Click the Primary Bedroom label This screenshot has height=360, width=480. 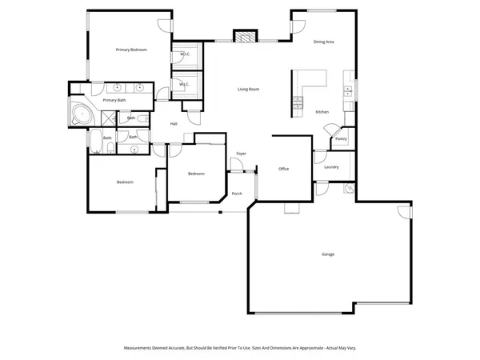click(131, 50)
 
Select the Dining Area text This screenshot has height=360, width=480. click(323, 42)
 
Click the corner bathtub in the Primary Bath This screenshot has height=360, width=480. click(80, 114)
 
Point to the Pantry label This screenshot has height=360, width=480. click(340, 138)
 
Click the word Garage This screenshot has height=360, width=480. click(328, 254)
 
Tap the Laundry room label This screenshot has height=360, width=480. click(332, 166)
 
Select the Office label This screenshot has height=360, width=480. click(283, 169)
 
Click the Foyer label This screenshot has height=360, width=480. click(240, 153)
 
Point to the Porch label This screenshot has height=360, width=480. click(237, 193)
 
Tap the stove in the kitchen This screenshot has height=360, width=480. click(298, 102)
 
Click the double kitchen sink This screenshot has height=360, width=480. click(348, 90)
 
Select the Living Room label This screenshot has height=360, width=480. click(248, 89)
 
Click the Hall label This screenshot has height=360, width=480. click(174, 123)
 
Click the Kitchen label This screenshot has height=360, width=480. click(322, 111)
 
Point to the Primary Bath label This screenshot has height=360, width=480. click(114, 100)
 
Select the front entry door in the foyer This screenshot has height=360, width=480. click(237, 166)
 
